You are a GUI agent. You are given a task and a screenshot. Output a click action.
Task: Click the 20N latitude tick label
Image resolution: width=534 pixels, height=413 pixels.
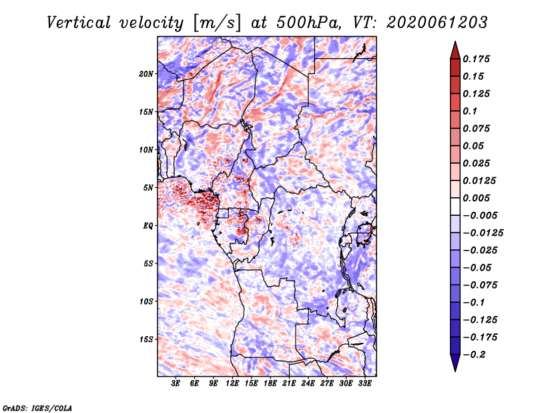pos(146,74)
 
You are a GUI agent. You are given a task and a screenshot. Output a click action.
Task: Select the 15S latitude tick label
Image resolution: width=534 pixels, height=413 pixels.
pos(146,339)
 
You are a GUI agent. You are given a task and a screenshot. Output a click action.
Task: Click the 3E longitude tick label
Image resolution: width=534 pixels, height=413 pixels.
pos(176,384)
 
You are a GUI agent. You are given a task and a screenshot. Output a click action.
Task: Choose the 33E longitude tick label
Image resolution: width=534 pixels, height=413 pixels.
pos(365,384)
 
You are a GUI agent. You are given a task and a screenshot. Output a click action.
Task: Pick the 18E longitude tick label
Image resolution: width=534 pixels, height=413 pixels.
pos(270,384)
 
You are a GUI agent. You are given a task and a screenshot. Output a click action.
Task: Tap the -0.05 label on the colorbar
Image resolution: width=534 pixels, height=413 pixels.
pos(481,267)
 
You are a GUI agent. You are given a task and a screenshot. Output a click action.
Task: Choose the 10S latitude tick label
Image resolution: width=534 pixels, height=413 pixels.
pos(146,301)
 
